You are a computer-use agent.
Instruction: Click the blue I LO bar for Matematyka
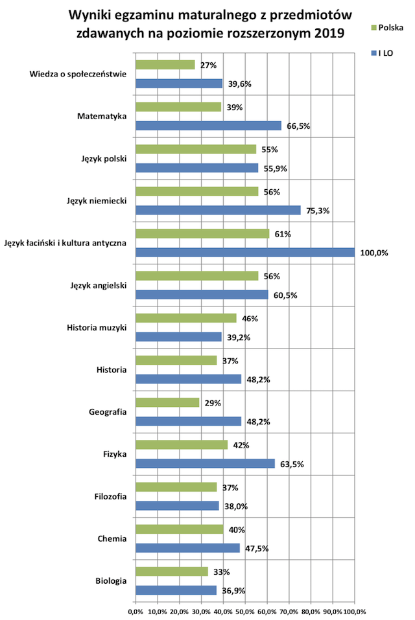(x=208, y=126)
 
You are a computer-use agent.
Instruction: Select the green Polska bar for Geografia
(x=167, y=402)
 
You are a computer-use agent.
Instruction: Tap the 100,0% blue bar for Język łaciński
(x=244, y=253)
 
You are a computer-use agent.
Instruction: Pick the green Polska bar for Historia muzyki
(x=185, y=318)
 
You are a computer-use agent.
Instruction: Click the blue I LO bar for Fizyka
(x=205, y=463)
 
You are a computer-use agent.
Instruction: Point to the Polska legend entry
(x=388, y=28)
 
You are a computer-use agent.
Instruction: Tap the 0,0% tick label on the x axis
(x=136, y=611)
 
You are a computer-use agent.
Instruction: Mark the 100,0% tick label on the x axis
(x=355, y=611)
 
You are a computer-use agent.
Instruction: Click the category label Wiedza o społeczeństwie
(x=78, y=74)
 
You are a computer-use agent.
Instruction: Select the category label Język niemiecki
(x=97, y=200)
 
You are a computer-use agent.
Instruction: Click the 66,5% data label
(x=298, y=126)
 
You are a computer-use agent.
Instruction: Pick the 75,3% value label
(x=317, y=211)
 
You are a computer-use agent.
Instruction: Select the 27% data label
(x=209, y=65)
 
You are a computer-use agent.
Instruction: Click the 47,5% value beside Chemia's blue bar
(x=256, y=549)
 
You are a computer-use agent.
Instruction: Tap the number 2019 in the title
(x=327, y=31)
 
